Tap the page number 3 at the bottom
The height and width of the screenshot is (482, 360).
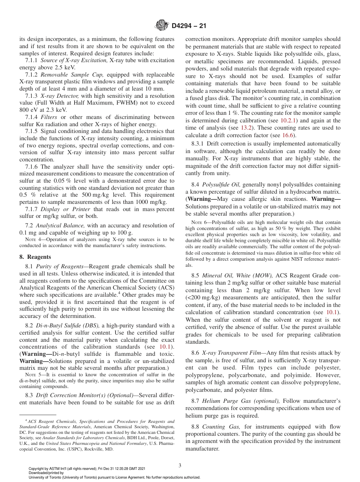tap(180, 466)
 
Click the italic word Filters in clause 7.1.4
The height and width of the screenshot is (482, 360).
tap(49, 118)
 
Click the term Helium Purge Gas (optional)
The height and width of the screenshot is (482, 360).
tap(241, 401)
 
